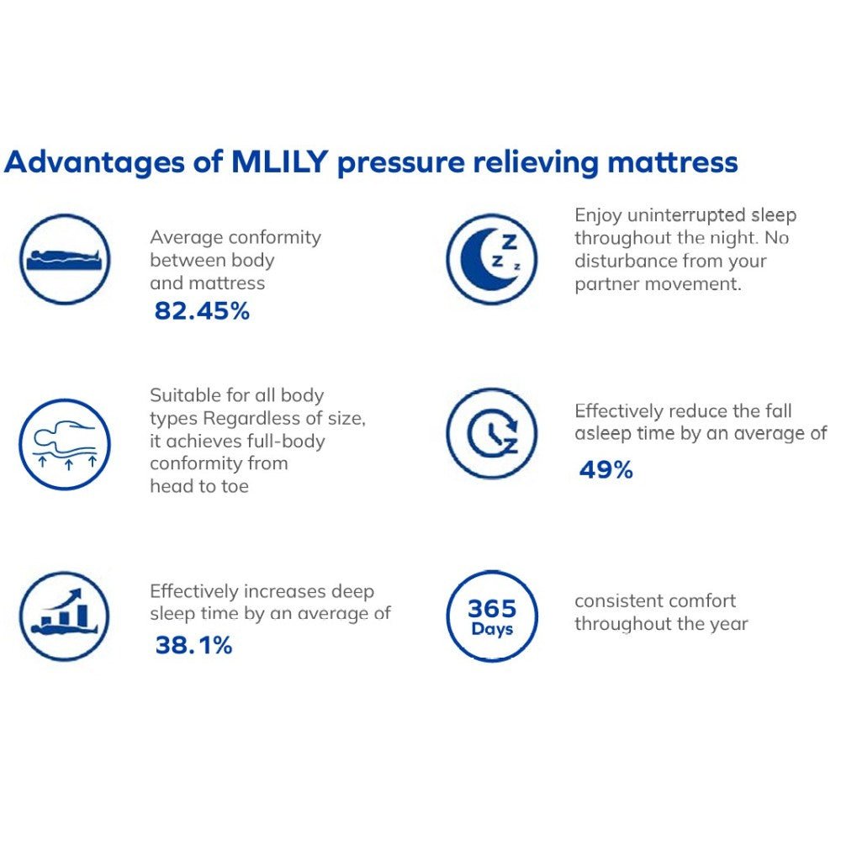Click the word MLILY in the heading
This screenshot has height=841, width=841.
coord(278,161)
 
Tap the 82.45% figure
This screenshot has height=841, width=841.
coord(202,311)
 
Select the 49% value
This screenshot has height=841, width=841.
coord(606,470)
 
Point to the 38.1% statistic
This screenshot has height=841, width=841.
coord(193,645)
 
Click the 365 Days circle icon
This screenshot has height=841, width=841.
coord(491,616)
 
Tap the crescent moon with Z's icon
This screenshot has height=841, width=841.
coord(491,258)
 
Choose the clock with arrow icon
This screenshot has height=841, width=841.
coord(491,434)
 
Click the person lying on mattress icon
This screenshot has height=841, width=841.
coord(65,258)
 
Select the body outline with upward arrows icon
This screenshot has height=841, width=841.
coord(65,444)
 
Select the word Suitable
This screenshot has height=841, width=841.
coord(182,395)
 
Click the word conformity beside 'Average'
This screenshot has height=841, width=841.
coord(274,238)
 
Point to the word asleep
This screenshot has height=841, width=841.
coord(605,434)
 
